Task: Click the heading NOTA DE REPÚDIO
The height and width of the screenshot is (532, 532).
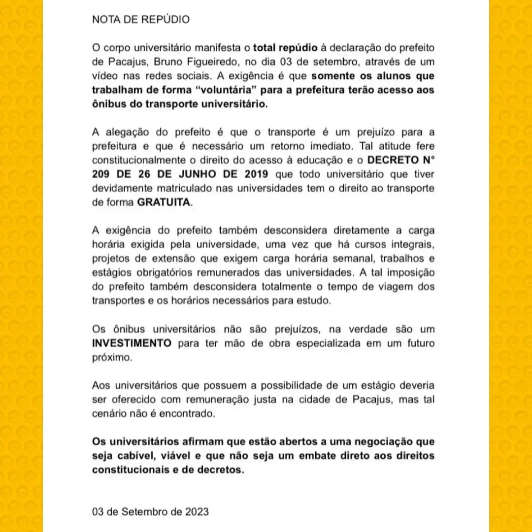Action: tap(140, 20)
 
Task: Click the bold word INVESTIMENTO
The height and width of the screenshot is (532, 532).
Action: tap(132, 343)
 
